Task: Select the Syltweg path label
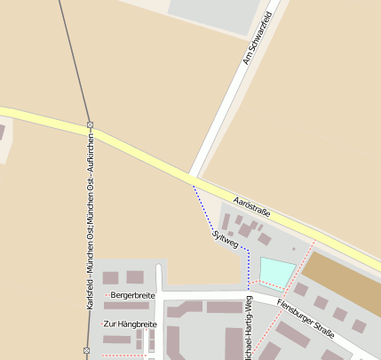226,237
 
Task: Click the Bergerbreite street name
132,295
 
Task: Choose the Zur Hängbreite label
130,324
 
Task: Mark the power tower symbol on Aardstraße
90,125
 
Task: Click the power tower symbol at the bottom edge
86,352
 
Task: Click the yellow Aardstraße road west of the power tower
44,118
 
